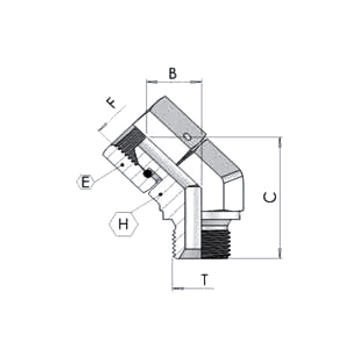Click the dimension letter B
172,74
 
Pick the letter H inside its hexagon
124,225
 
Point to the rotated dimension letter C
271,197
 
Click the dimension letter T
204,280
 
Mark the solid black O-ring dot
146,174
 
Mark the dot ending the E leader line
121,163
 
